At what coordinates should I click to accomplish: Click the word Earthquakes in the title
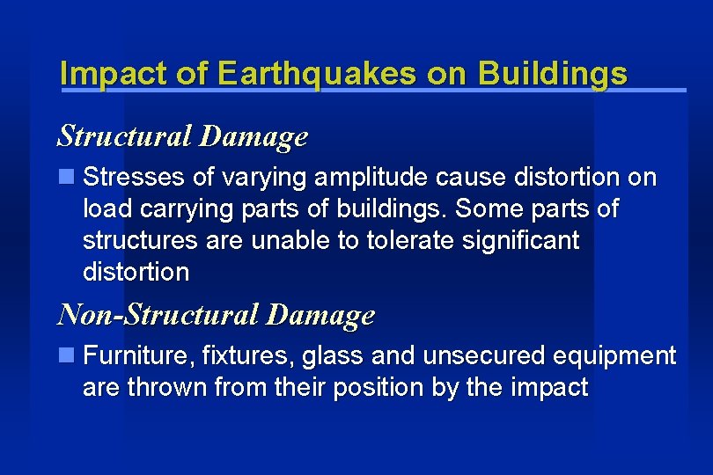pyautogui.click(x=316, y=74)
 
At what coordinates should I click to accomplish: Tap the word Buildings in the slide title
pyautogui.click(x=553, y=74)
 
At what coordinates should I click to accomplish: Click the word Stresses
pyautogui.click(x=133, y=178)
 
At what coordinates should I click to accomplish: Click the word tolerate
pyautogui.click(x=405, y=240)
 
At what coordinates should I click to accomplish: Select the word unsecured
pyautogui.click(x=482, y=356)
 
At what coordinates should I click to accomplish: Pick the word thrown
pyautogui.click(x=168, y=387)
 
